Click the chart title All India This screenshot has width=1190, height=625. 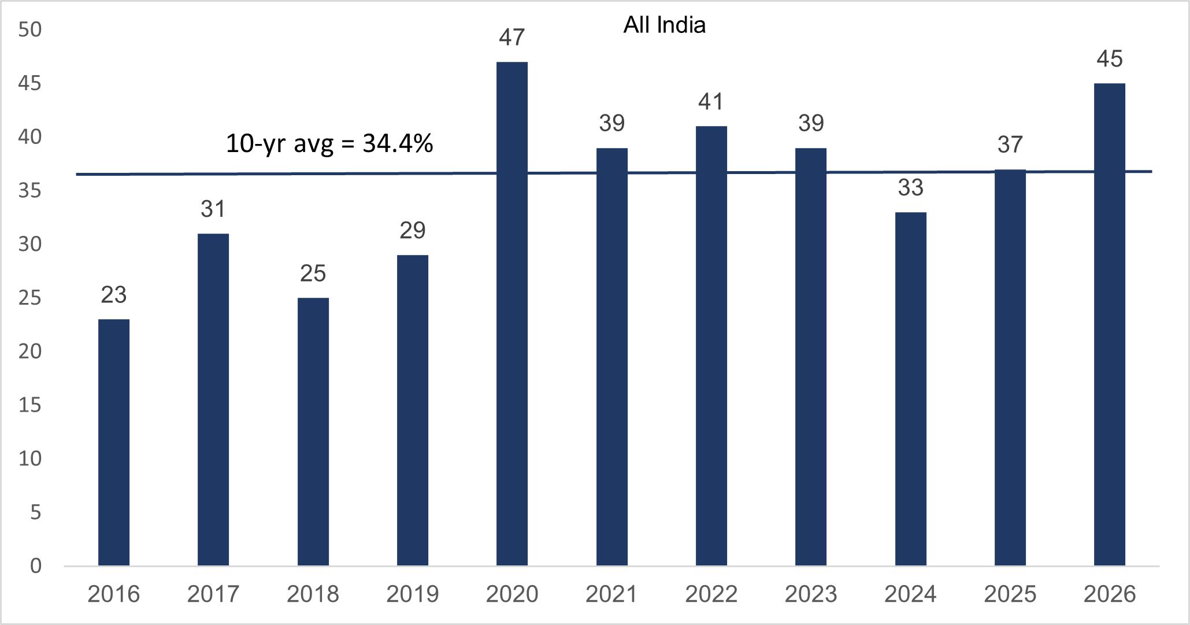665,25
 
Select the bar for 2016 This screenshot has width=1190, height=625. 114,442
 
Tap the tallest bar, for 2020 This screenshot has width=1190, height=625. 512,313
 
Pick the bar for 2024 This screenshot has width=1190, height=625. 911,389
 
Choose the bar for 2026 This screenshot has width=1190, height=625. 1110,324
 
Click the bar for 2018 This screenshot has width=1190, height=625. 313,431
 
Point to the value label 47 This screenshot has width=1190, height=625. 512,38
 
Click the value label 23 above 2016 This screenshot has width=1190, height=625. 114,295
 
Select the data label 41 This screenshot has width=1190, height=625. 711,102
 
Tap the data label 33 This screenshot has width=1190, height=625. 911,188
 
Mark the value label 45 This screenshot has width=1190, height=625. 1110,59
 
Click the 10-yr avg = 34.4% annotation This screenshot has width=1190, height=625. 329,144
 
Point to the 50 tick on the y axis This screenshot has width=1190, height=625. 30,29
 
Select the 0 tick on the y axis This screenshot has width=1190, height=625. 36,565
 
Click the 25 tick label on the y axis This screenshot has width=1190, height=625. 30,298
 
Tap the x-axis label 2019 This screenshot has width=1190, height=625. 413,594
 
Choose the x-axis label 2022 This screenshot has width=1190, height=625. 711,594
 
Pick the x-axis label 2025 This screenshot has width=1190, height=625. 1010,594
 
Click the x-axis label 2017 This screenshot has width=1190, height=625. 213,594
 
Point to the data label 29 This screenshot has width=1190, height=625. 413,231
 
